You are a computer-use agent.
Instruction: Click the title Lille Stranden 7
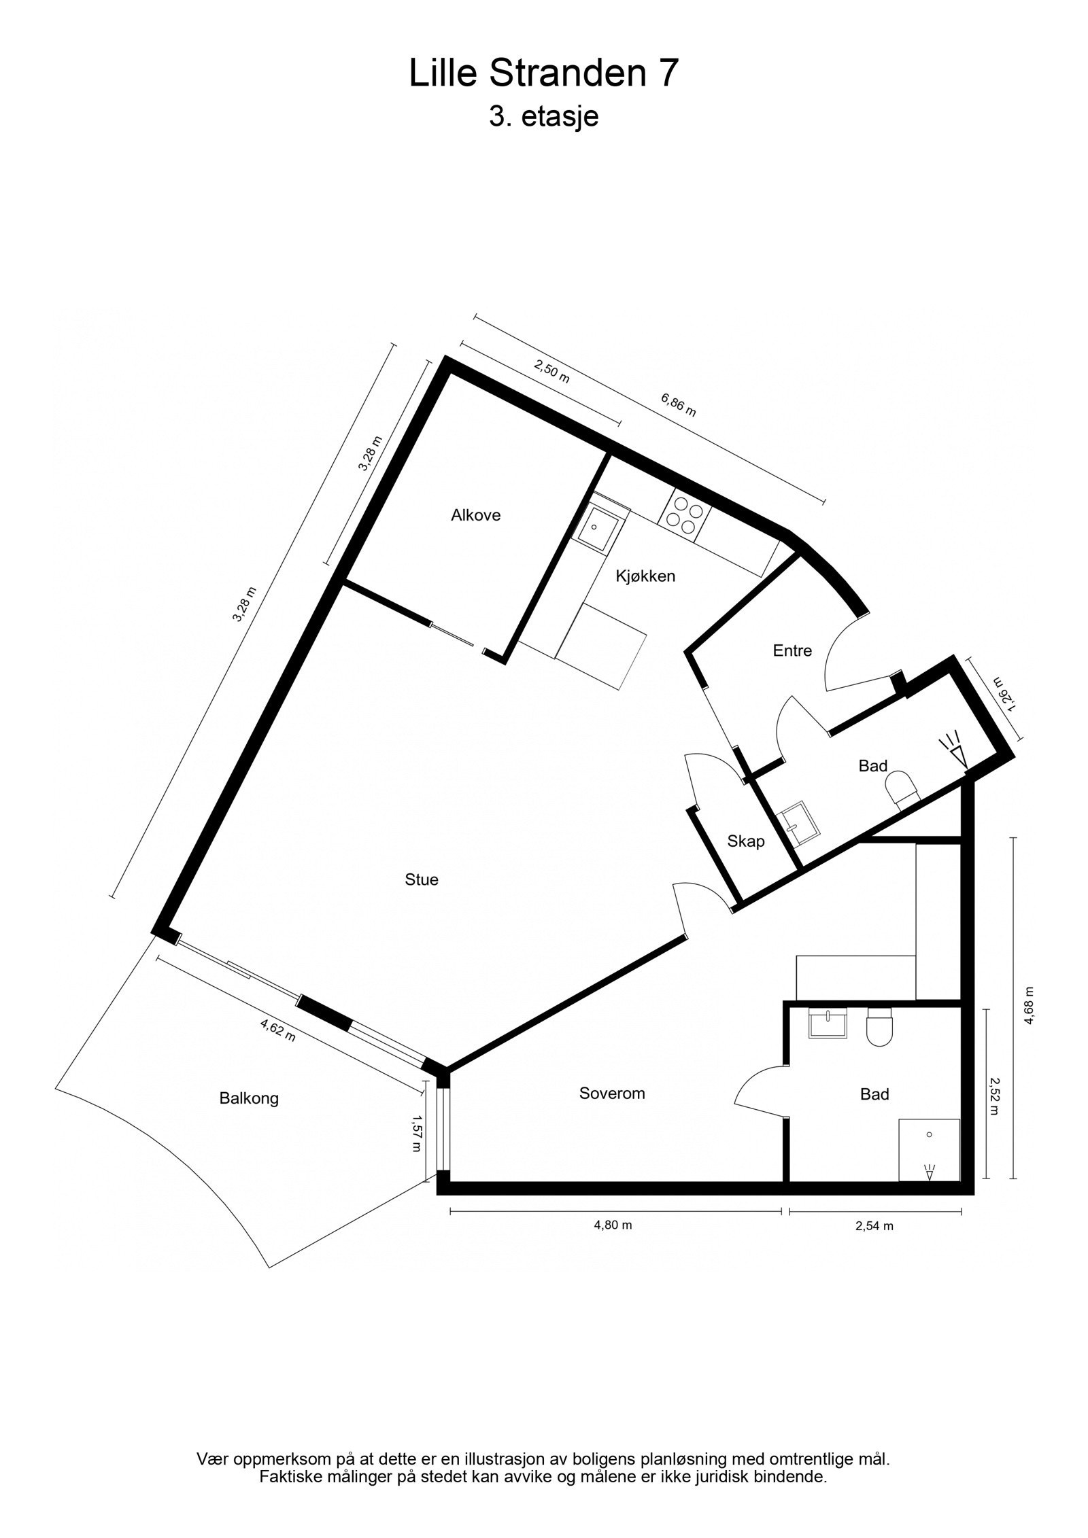[543, 73]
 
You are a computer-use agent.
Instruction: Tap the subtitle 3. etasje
[543, 117]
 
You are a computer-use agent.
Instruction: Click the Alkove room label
[475, 515]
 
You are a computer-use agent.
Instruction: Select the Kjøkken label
[645, 576]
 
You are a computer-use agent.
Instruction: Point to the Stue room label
[422, 880]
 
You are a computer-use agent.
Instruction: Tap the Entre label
[792, 650]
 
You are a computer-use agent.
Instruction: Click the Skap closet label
[746, 841]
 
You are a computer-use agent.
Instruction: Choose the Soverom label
[612, 1094]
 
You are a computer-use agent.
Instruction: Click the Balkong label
[249, 1099]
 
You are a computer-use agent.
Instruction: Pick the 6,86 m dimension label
[678, 404]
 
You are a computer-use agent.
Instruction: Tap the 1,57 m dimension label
[416, 1134]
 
